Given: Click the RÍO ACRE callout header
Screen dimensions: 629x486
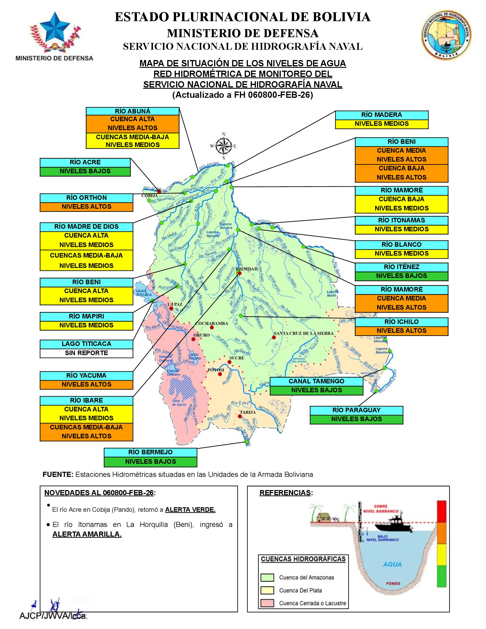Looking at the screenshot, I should click(85, 162).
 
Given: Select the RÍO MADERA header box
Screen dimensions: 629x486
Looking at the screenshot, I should click(381, 115).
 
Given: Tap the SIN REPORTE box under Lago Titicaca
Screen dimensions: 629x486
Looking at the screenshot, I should click(86, 353).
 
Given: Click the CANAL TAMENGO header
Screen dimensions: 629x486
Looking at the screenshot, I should click(316, 381).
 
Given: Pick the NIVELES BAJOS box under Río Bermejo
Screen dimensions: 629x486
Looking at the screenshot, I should click(150, 462).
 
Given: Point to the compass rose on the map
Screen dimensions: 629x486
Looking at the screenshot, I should click(224, 146).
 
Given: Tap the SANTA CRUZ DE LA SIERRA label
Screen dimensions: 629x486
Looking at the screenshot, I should click(303, 333).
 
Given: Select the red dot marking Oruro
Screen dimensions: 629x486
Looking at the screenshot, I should click(194, 339).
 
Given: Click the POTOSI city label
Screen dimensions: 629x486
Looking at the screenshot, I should click(216, 370).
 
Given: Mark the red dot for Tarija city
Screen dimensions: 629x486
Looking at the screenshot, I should click(240, 417).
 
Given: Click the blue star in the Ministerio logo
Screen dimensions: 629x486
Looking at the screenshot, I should click(54, 28).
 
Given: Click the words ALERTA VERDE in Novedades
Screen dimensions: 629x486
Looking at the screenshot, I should click(190, 510).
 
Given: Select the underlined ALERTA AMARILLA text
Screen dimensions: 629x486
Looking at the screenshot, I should click(87, 534).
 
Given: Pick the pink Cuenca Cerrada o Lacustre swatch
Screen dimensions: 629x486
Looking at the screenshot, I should click(267, 603).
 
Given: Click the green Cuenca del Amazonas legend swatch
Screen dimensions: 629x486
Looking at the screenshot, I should click(267, 578).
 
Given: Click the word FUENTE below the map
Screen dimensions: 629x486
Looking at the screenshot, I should click(58, 475).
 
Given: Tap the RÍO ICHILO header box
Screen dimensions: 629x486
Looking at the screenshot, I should click(401, 322).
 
